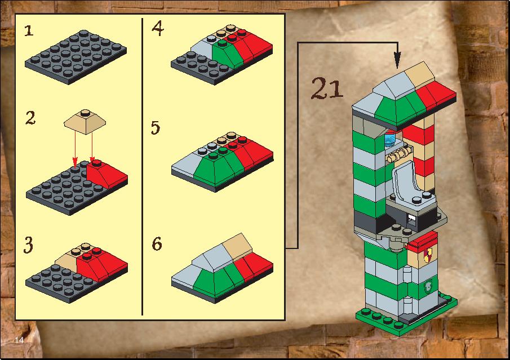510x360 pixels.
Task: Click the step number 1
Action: click(29, 30)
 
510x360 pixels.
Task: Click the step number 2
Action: click(30, 118)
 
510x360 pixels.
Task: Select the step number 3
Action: click(28, 245)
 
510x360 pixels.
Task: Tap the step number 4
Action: click(158, 28)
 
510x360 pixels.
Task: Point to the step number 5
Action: click(156, 127)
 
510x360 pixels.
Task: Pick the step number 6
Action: click(157, 244)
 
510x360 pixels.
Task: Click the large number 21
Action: click(326, 88)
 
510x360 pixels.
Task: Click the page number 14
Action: click(19, 340)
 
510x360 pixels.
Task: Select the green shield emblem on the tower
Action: click(428, 286)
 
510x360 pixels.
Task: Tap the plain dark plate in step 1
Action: click(76, 57)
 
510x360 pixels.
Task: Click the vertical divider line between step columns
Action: click(142, 167)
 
